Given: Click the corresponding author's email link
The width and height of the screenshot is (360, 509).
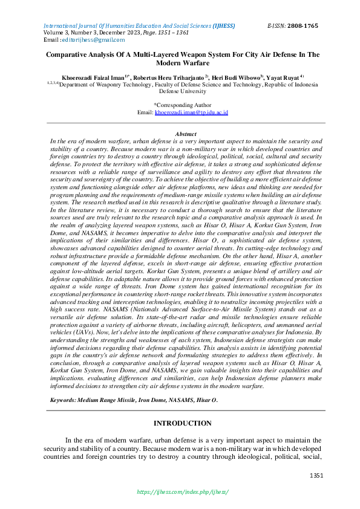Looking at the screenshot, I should pyautogui.click(x=191, y=112).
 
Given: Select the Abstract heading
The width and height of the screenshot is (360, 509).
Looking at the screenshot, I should pyautogui.click(x=185, y=133).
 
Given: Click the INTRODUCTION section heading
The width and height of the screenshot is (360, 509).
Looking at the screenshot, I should pyautogui.click(x=183, y=423).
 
